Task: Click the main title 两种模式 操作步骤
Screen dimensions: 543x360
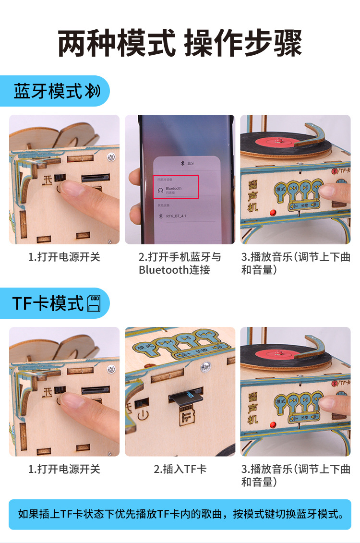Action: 180,43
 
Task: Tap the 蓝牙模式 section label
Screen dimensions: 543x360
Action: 48,91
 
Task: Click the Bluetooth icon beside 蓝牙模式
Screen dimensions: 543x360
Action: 93,91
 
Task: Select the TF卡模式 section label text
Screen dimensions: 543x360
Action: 48,303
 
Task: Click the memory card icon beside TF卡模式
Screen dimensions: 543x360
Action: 94,303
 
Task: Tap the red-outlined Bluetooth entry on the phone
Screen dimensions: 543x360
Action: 176,187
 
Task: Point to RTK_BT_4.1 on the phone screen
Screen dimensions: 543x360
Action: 176,216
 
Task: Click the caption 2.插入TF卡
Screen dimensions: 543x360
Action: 180,469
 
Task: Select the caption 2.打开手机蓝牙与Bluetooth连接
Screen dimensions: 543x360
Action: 180,263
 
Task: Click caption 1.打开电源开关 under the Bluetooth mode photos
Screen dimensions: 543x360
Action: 64,257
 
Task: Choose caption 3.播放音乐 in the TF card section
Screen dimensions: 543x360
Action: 296,475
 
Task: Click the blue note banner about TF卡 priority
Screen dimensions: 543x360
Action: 180,514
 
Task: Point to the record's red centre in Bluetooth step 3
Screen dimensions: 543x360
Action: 277,142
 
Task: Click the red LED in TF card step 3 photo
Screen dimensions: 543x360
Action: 273,425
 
